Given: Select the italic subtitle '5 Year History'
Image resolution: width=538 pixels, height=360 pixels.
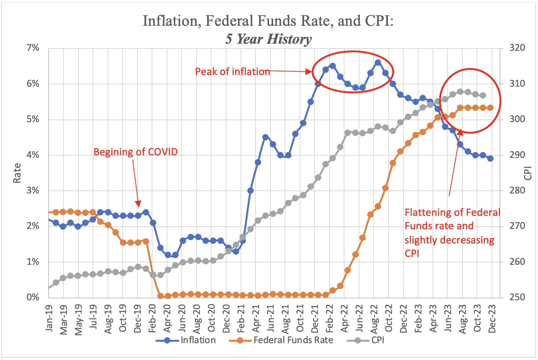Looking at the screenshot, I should [x=268, y=39].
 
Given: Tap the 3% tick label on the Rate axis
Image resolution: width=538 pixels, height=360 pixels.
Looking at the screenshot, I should [x=33, y=190].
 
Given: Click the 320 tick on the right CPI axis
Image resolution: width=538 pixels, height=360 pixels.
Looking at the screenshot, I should [x=517, y=48].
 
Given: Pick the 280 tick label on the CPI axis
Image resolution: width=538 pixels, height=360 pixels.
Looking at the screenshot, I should [x=517, y=190].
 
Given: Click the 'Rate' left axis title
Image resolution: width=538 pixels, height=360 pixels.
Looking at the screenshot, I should [x=17, y=173].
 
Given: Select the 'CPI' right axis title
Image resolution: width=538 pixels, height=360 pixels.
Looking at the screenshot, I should [x=528, y=173].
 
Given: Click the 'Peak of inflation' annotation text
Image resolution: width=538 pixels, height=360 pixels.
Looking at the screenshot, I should [x=232, y=71].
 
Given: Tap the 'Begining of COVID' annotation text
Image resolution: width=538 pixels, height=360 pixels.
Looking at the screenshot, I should [x=135, y=152].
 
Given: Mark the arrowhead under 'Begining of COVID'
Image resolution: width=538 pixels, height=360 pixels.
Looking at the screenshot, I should [x=138, y=204].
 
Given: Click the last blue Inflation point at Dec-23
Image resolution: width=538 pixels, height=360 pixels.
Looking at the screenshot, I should [x=490, y=158].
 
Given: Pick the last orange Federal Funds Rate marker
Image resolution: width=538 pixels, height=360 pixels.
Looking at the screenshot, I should [x=490, y=108].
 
